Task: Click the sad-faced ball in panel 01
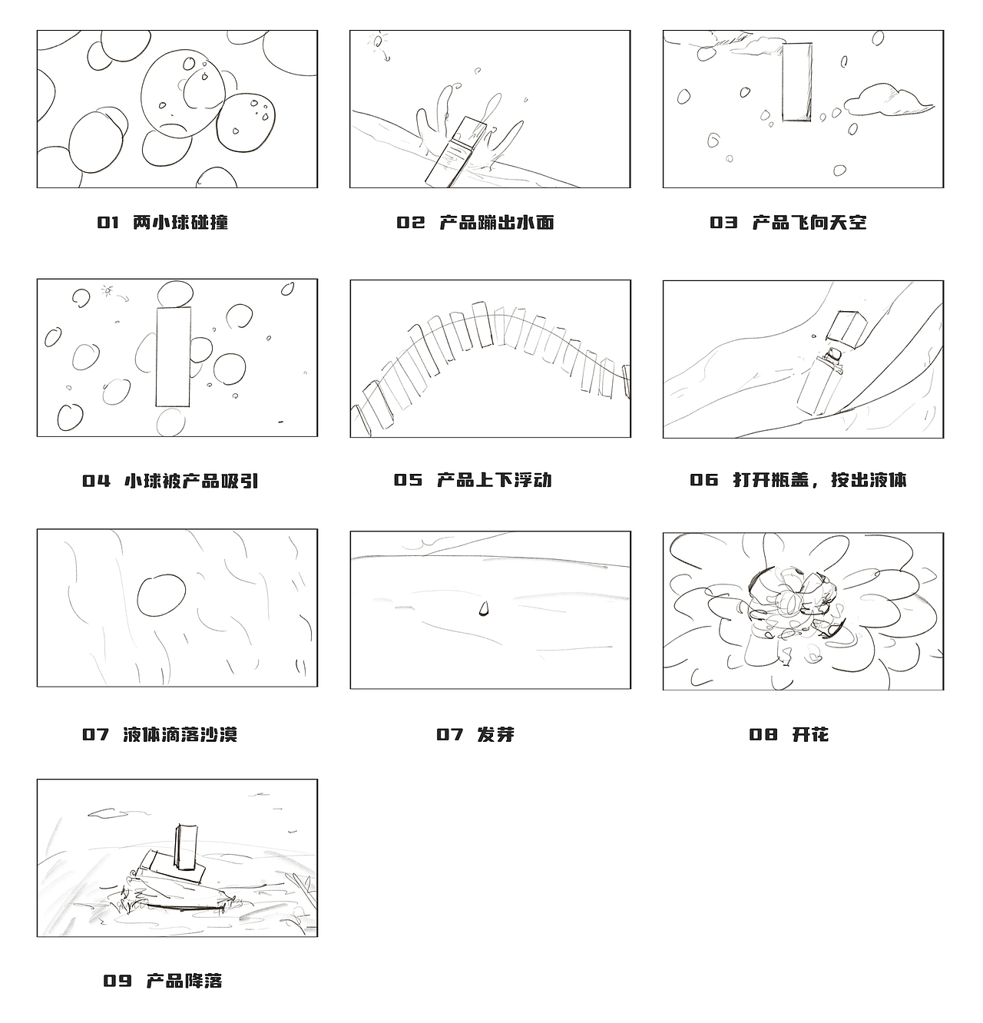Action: tap(182, 94)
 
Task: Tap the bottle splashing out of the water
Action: tap(456, 152)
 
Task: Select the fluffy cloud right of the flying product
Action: tap(887, 101)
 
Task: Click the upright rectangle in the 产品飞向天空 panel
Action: tap(797, 81)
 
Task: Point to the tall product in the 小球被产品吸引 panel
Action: tap(173, 356)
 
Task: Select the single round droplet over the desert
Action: tap(161, 595)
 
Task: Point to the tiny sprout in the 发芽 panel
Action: tap(484, 609)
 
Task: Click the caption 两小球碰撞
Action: tap(180, 223)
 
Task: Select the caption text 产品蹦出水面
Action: tap(496, 223)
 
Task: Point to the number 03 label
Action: tap(723, 223)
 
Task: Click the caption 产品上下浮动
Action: tap(494, 480)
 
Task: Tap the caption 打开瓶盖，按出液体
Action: tap(819, 480)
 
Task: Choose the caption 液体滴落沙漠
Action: tap(180, 734)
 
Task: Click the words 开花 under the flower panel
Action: tap(810, 734)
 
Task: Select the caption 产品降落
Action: tap(184, 981)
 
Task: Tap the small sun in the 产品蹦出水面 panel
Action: tap(376, 41)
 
